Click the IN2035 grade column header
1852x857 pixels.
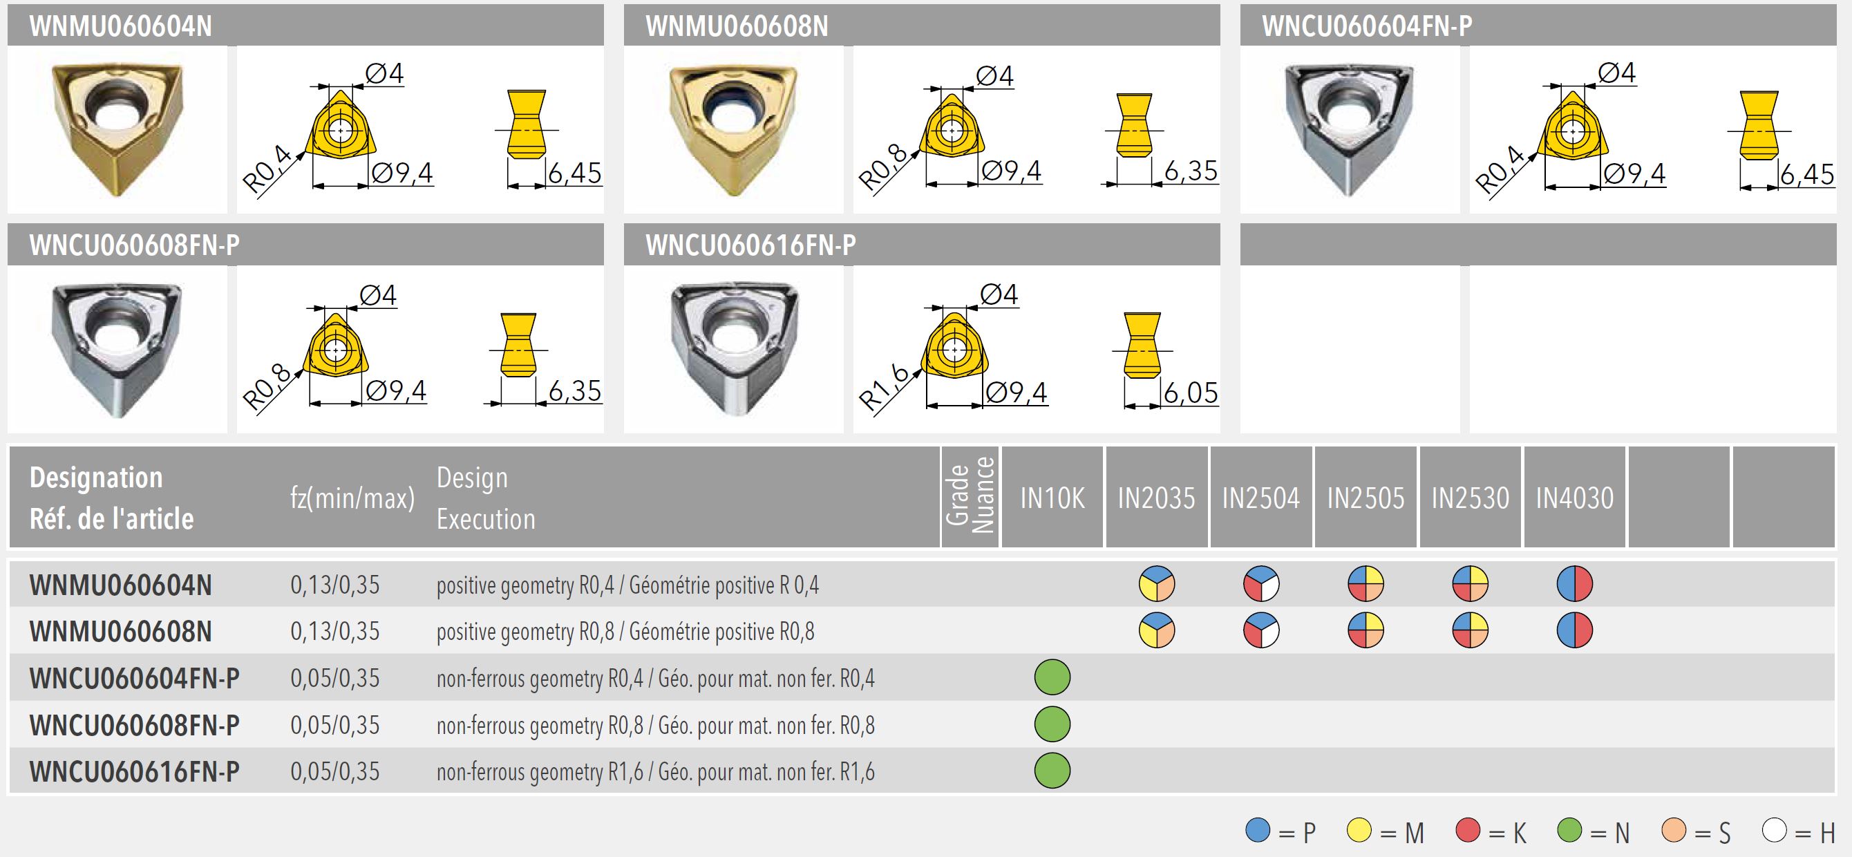pos(1156,498)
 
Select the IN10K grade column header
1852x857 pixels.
pos(1052,498)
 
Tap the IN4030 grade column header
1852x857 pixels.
pos(1574,498)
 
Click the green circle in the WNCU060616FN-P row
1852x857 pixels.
pos(1052,771)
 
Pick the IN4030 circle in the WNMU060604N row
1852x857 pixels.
pos(1574,584)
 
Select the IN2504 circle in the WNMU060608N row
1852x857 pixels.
pos(1261,630)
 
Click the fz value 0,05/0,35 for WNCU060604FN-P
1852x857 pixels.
pos(335,678)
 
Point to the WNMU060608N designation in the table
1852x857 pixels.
pos(121,631)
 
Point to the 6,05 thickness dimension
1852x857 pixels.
pos(1191,393)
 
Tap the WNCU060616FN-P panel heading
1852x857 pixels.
pos(750,245)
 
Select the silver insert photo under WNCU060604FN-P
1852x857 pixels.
pos(1350,128)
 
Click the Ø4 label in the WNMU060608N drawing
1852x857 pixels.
pos(994,75)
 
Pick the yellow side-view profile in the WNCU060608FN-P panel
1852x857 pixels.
pos(518,344)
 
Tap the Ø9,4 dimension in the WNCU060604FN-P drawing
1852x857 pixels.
pos(1634,173)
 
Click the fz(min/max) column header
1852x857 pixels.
pos(352,498)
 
